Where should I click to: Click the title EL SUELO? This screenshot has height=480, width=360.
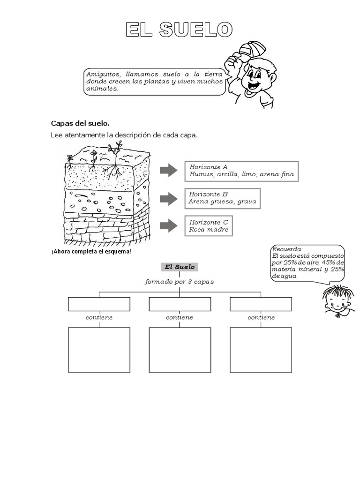tap(178, 30)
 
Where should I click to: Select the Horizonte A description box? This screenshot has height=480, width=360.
tap(241, 171)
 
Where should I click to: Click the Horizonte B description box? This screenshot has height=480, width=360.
tap(222, 198)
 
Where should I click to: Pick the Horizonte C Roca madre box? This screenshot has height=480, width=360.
tap(209, 226)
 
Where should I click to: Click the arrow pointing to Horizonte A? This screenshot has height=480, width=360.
tap(168, 171)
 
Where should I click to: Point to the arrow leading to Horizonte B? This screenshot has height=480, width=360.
tap(168, 199)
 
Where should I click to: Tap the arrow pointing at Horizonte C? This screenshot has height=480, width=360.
tap(168, 226)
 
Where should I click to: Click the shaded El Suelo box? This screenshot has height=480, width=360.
tap(180, 267)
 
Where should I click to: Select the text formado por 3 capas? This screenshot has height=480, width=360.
tap(180, 282)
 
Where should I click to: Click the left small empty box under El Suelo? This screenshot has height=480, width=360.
tap(99, 304)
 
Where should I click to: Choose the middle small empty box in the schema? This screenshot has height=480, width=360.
tap(180, 304)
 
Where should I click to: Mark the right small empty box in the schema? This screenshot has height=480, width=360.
tap(261, 304)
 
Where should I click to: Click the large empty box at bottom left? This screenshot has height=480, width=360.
tap(99, 349)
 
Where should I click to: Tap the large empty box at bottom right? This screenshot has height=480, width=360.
tap(261, 349)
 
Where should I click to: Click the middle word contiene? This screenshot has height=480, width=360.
tap(180, 317)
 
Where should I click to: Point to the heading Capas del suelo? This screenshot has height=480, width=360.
tap(80, 124)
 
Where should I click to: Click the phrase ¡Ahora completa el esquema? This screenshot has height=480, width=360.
tap(91, 251)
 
